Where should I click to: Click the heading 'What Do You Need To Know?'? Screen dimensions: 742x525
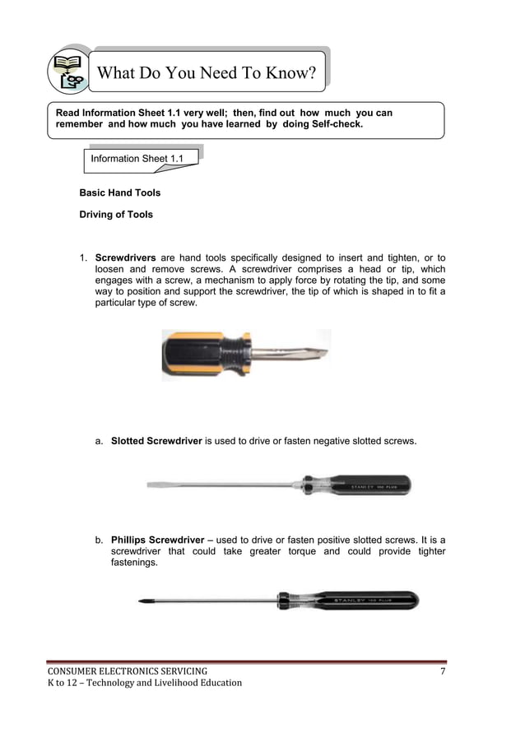tap(207, 73)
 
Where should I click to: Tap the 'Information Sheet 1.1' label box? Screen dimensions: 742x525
tap(137, 158)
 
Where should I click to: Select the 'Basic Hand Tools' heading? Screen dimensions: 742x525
tap(119, 192)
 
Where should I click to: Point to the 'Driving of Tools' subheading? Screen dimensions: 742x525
tap(115, 215)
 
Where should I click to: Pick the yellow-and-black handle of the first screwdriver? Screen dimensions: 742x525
tap(197, 354)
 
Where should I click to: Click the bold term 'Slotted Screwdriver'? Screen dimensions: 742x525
tap(156, 442)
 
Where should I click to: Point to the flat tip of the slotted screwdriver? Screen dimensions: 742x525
tap(153, 485)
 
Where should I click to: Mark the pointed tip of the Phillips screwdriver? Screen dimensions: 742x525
tap(142, 602)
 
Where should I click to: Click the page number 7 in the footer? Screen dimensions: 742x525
tap(443, 672)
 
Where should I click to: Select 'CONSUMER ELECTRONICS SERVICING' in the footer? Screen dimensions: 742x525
tap(127, 672)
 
